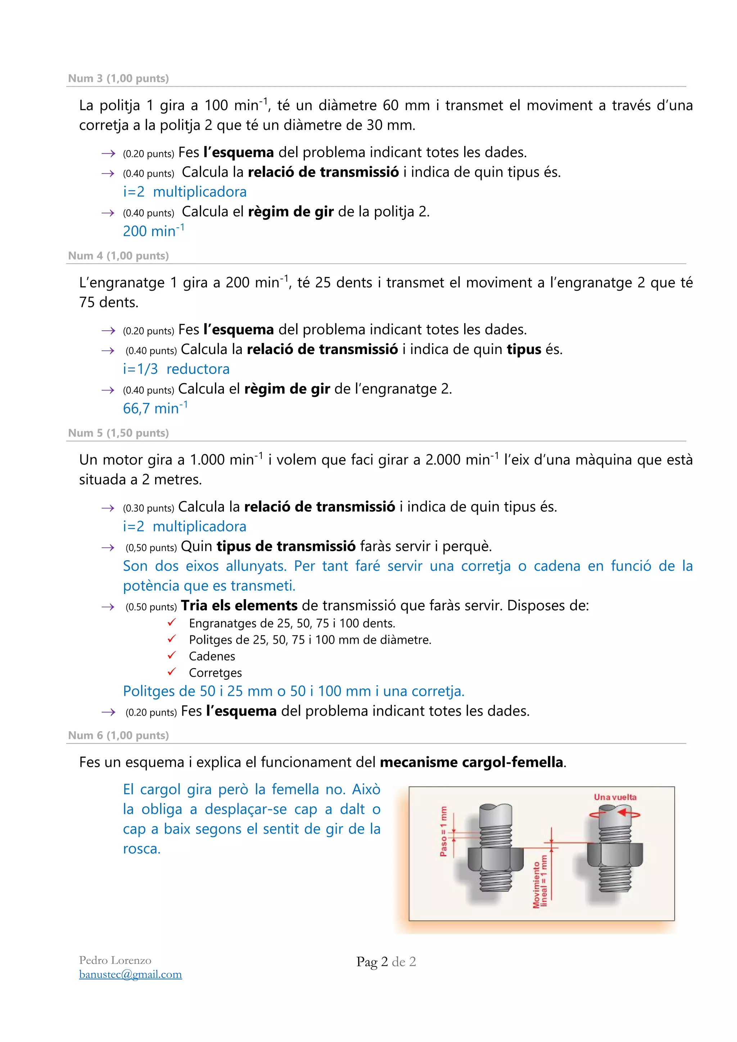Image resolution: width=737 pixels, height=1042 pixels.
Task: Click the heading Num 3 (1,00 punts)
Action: point(118,78)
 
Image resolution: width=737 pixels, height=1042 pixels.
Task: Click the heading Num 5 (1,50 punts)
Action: point(118,433)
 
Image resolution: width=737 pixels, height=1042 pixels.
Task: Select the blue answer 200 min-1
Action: point(153,231)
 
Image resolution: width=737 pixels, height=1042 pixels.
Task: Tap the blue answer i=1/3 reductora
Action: point(176,369)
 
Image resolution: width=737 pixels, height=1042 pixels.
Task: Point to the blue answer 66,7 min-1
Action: point(155,408)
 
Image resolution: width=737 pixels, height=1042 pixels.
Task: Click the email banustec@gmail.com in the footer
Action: point(130,974)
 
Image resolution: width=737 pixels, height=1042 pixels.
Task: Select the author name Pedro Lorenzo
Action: point(115,960)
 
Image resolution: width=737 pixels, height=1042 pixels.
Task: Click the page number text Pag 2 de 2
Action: point(386,962)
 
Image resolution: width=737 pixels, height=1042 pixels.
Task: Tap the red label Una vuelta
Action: point(615,797)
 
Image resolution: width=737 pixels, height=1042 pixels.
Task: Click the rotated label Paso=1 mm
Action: point(443,832)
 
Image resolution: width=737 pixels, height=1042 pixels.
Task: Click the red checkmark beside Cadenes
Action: point(172,655)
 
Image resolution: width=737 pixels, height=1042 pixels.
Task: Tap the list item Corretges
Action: point(215,672)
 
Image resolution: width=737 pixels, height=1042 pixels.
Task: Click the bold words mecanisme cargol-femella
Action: point(471,762)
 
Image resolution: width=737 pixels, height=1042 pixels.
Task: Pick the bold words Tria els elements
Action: point(239,606)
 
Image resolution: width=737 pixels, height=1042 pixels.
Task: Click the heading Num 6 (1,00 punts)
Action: point(118,735)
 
